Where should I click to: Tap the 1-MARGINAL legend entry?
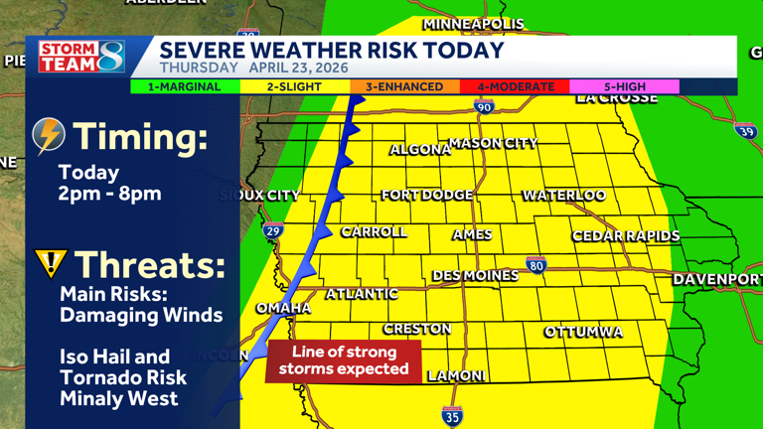point(185,87)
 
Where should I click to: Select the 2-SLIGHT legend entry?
point(294,87)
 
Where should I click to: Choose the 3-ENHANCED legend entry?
point(404,87)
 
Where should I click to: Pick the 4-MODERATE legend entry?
point(515,87)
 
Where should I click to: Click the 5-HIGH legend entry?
point(624,87)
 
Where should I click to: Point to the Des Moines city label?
point(475,275)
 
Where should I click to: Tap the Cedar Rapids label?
point(626,236)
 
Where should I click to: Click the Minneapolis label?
point(473,24)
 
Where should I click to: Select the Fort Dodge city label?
point(427,196)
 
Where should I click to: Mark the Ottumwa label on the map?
point(583,332)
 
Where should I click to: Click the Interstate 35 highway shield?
point(452,416)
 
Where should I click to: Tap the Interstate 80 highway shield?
point(536,265)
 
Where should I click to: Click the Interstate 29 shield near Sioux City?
point(272,231)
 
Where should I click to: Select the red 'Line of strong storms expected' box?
point(344,360)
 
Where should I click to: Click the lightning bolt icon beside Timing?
point(49,136)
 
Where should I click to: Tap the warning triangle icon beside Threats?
point(50,263)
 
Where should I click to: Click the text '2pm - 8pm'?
point(109,194)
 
